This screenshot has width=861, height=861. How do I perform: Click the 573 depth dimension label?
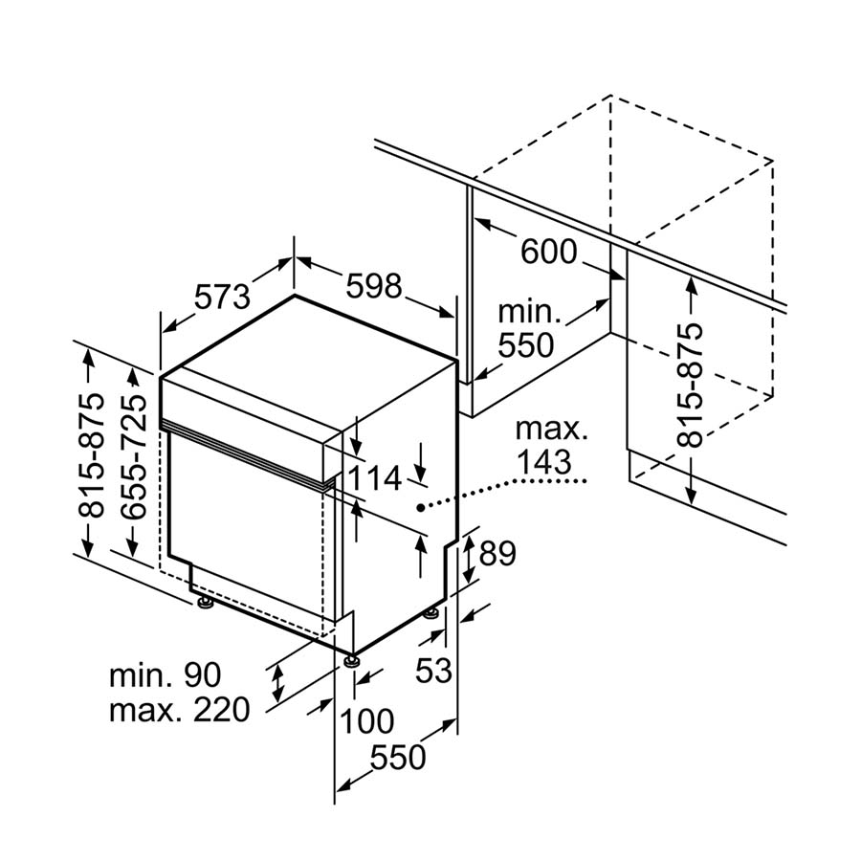coord(222,296)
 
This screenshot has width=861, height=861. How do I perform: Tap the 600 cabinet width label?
coord(549,252)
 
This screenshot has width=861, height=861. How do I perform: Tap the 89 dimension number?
coord(497,553)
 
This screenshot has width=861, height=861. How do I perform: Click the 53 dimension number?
coord(432,670)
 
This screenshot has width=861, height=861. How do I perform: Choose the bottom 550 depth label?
coord(397,758)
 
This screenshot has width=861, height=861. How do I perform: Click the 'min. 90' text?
coord(165,675)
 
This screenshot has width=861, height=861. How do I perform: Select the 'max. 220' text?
coord(179,710)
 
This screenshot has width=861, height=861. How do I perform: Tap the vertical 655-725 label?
coord(135,456)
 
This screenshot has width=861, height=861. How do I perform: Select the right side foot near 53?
coord(431,613)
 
